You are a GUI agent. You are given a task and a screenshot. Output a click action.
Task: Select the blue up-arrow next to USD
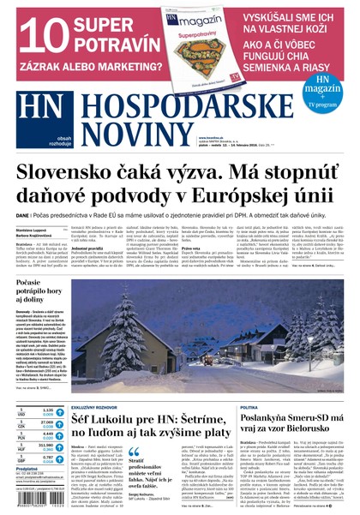pyautogui.click(x=59, y=412)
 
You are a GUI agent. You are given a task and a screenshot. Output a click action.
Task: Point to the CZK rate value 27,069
pyautogui.click(x=47, y=422)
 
